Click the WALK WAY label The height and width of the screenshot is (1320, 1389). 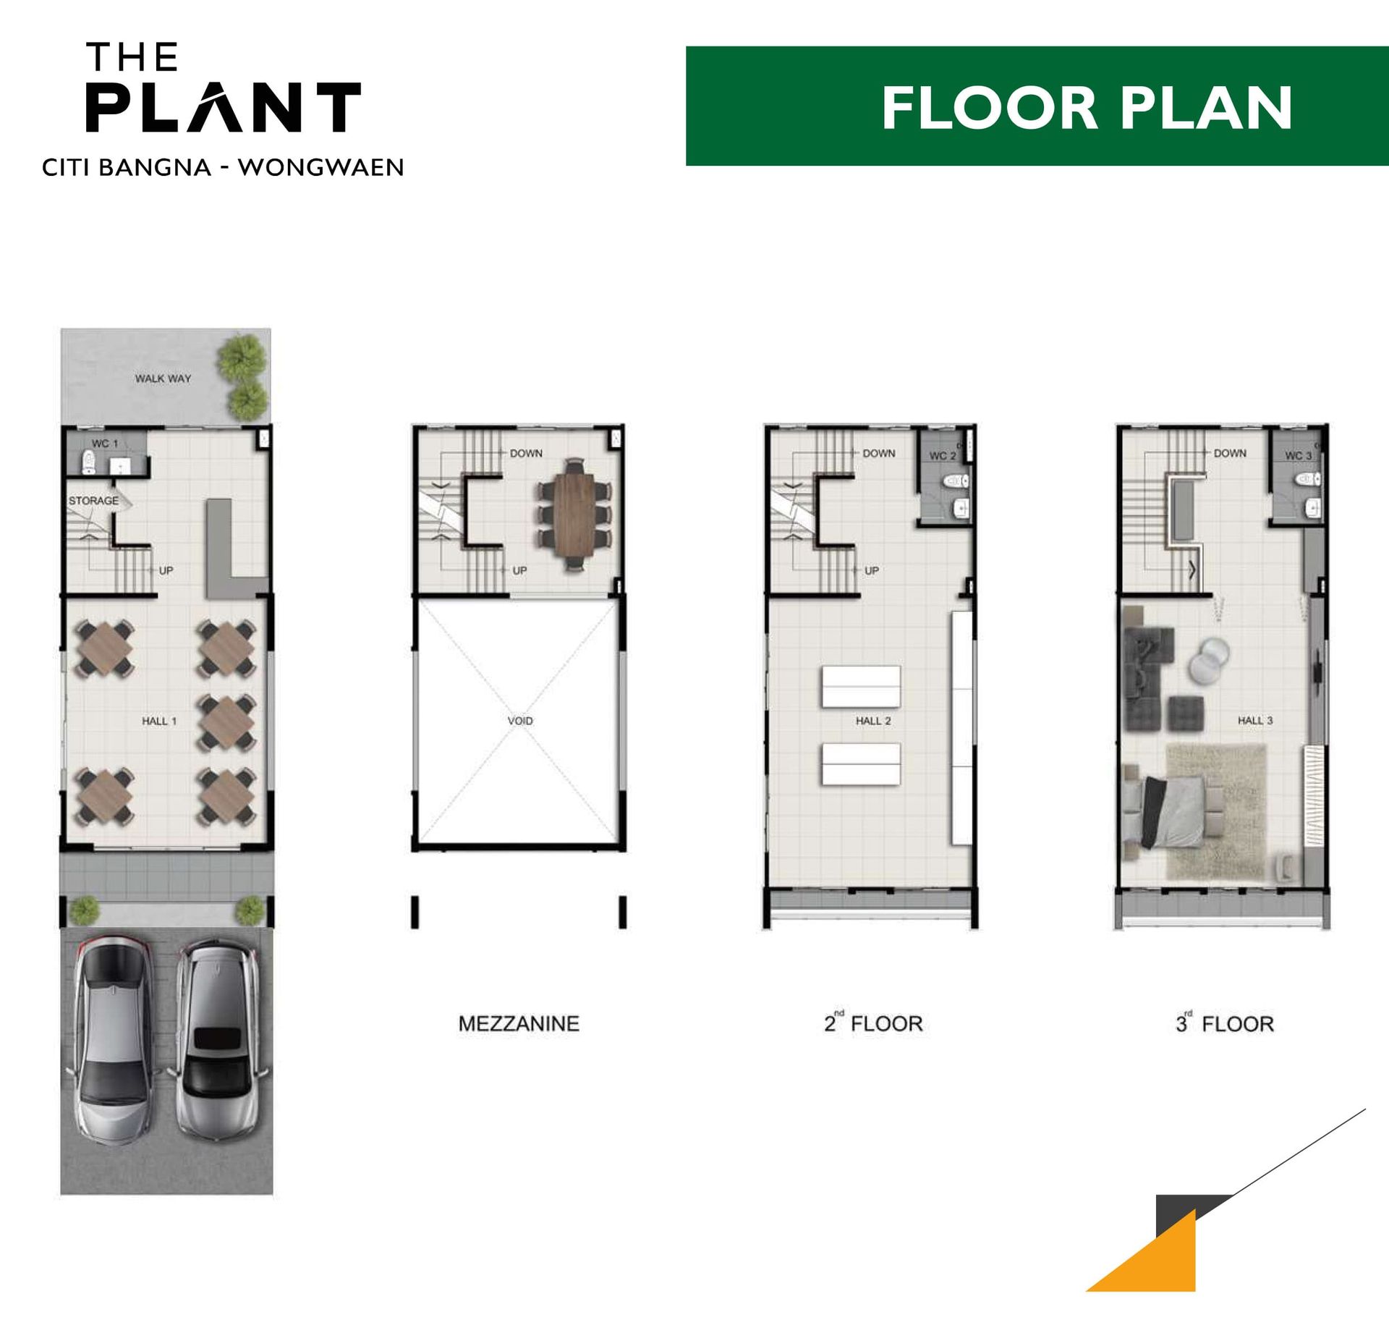(163, 378)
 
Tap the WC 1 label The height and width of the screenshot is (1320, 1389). (104, 444)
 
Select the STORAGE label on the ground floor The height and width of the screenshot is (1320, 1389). (93, 501)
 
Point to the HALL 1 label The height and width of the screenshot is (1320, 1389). (159, 721)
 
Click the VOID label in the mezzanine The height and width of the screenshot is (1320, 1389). (520, 721)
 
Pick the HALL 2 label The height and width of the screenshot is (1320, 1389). (873, 721)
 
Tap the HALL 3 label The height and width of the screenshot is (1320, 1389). (1255, 720)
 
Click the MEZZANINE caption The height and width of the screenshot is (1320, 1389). (519, 1024)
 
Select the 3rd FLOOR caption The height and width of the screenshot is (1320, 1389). (1224, 1023)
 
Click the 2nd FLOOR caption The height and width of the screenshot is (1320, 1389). (873, 1023)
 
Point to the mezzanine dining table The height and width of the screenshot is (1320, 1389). (574, 515)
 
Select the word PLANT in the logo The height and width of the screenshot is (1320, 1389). (223, 107)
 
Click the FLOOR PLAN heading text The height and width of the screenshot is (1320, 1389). (1087, 108)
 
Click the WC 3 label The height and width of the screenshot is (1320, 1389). (1298, 455)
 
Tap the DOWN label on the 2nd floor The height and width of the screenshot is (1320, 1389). (879, 453)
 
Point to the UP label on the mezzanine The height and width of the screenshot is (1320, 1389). (519, 570)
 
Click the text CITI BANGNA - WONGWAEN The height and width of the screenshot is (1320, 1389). (223, 168)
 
